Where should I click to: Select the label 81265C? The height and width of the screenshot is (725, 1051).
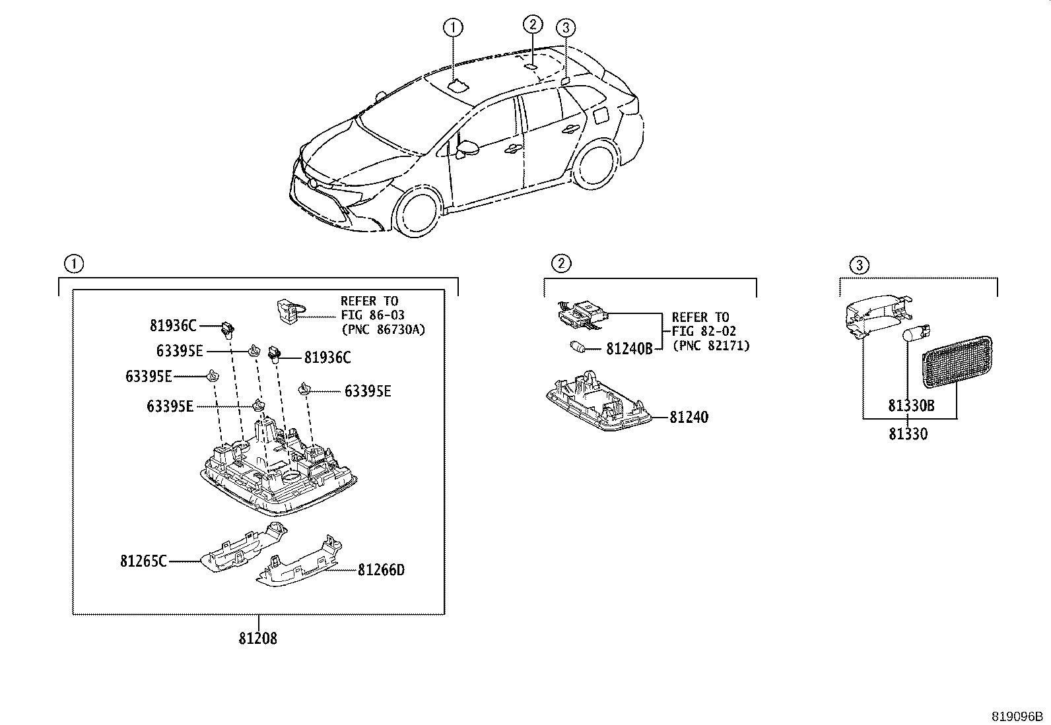coord(143,561)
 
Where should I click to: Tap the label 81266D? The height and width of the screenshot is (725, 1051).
coord(381,569)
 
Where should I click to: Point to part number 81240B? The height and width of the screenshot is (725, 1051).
coord(629,348)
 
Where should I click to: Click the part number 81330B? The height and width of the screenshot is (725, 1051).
coord(910,406)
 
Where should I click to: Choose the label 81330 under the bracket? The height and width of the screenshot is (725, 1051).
coord(908,434)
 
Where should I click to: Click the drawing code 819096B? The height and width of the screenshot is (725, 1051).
coord(1018,716)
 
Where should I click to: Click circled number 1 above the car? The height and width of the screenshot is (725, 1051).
coord(453,28)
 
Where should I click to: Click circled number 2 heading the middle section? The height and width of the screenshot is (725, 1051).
coord(560,264)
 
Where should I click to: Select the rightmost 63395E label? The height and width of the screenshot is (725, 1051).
coord(368,392)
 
